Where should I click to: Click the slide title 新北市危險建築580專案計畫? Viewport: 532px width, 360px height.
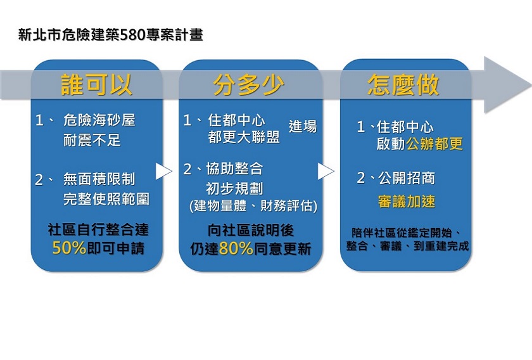(111, 34)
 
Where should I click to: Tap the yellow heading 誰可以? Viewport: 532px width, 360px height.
(96, 84)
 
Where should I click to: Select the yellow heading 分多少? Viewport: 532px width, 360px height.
(249, 84)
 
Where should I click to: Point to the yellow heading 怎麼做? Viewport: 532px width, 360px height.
(403, 84)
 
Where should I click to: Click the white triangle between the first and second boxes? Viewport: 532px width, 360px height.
(163, 171)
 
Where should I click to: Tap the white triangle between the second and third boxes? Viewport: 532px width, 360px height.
(325, 171)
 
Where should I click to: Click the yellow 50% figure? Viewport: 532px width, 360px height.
(69, 248)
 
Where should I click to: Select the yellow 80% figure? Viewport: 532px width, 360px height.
(236, 248)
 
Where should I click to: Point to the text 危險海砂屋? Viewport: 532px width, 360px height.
(99, 120)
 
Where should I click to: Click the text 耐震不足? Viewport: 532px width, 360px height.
(92, 140)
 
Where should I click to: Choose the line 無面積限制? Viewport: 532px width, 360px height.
(99, 179)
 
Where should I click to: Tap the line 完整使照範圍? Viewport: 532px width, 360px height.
(106, 199)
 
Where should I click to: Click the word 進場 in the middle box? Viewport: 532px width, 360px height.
(303, 126)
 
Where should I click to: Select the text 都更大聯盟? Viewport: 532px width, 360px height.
(244, 137)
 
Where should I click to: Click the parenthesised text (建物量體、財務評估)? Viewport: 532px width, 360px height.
(254, 206)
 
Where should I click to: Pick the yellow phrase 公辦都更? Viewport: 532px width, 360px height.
(434, 144)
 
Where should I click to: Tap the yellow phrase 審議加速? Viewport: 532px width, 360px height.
(407, 202)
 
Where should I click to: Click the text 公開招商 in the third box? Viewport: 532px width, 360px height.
(407, 178)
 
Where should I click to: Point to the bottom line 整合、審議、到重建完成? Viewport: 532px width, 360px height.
(407, 245)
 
